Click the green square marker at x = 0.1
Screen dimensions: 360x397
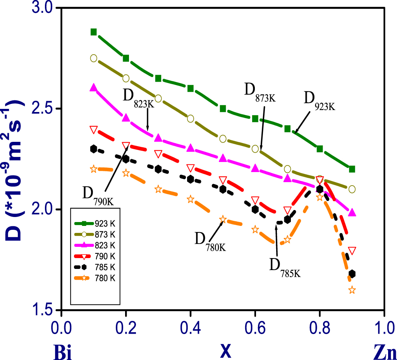point(93,32)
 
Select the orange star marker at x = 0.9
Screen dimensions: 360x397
point(352,290)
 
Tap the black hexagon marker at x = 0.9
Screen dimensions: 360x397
point(352,274)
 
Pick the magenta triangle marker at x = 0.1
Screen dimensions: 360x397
point(93,88)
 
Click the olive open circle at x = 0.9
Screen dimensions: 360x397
point(352,189)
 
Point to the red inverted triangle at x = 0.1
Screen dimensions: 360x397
point(93,129)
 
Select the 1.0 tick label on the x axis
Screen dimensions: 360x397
point(384,324)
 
